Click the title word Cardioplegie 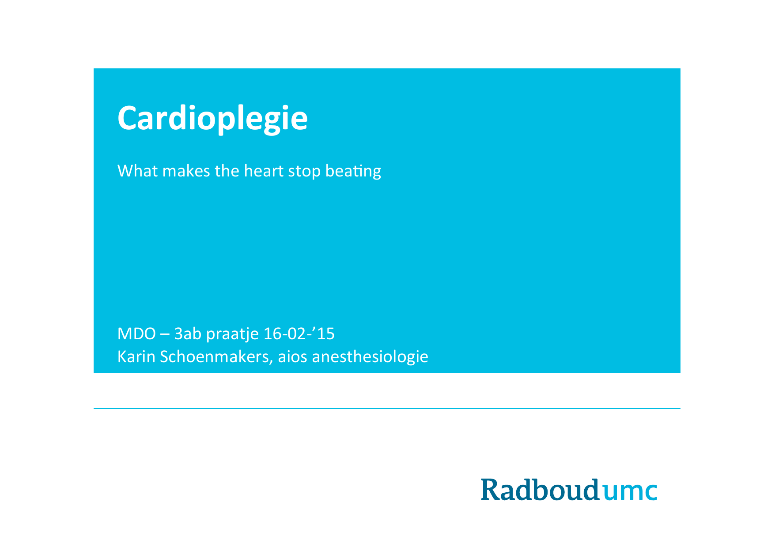[212, 119]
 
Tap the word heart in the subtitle [264, 171]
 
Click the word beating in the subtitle [353, 172]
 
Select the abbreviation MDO [136, 333]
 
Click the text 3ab [188, 333]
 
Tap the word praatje [232, 334]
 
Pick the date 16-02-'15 [299, 333]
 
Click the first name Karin [136, 356]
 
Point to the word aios [292, 356]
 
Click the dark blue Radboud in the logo [540, 489]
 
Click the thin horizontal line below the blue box [387, 408]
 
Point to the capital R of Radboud [491, 490]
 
